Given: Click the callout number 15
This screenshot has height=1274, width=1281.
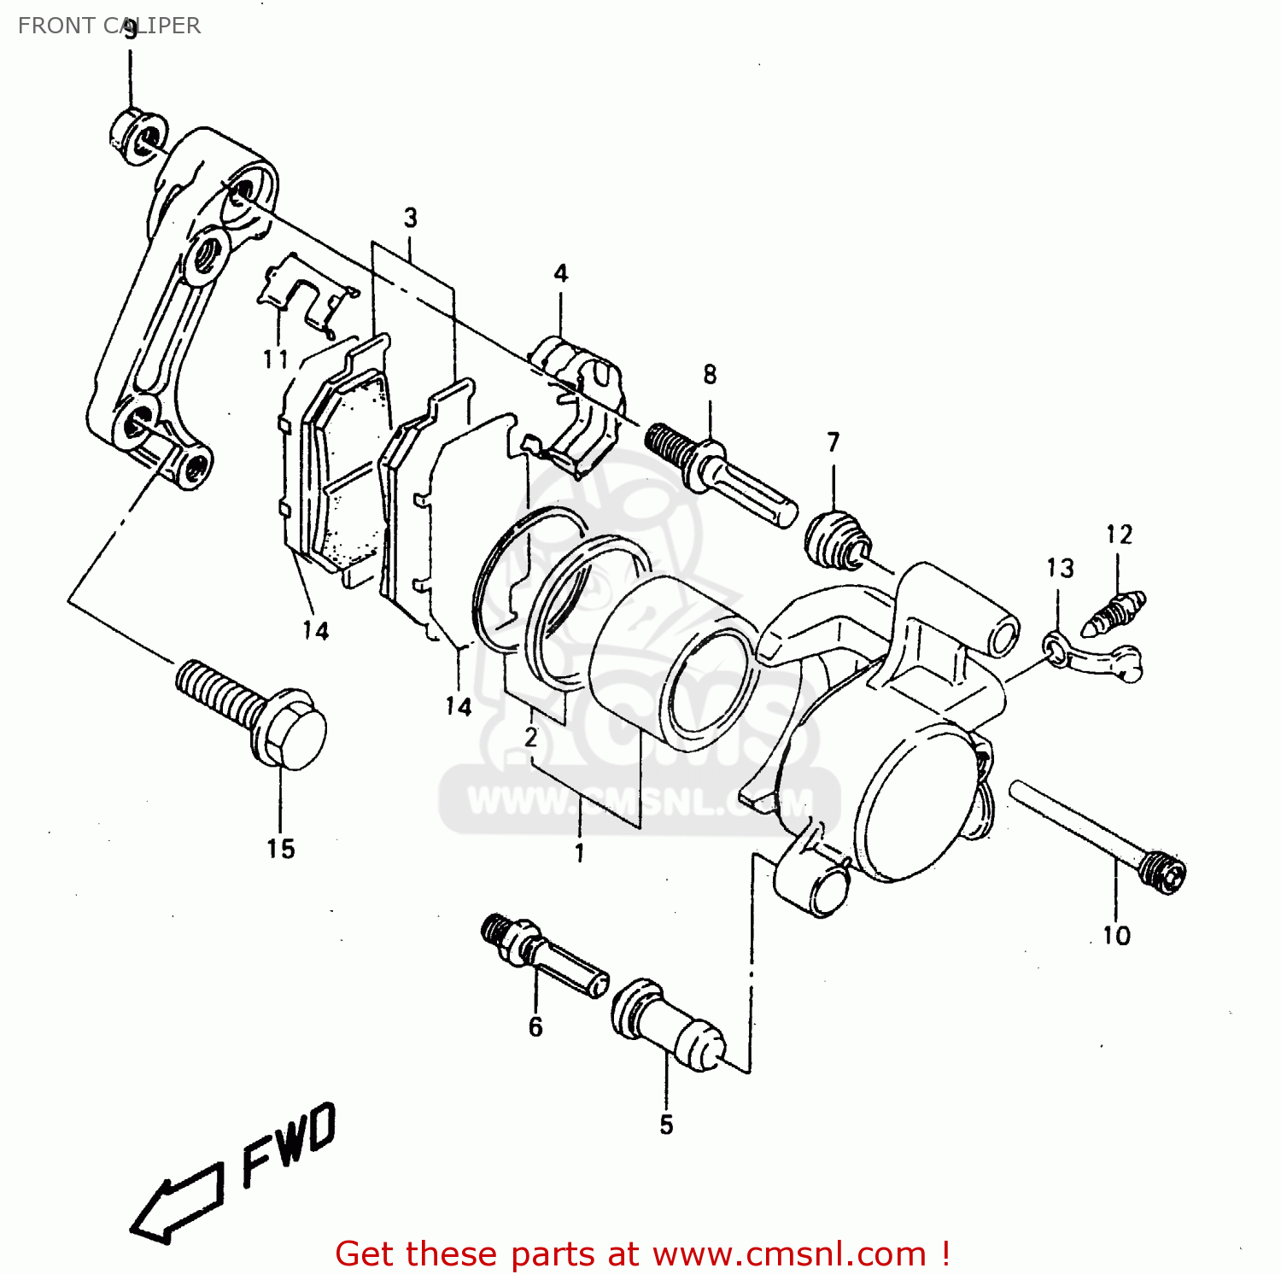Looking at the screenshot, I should click(x=280, y=849).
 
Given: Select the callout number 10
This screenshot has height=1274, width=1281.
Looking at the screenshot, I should click(x=1116, y=936).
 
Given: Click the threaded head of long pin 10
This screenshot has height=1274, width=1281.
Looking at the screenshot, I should click(x=1163, y=873).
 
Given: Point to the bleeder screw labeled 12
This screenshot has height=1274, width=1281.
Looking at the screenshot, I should click(x=1113, y=614).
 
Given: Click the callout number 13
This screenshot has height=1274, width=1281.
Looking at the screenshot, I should click(x=1060, y=568).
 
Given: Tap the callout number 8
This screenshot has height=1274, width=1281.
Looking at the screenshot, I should click(x=710, y=374).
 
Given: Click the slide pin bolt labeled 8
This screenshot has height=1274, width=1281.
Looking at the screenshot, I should click(x=722, y=473).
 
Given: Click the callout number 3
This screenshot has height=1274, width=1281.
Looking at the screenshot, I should click(x=411, y=218).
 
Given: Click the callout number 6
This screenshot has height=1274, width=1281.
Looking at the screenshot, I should click(x=535, y=1026).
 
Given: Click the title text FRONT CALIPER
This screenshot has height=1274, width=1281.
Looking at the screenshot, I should click(x=109, y=26).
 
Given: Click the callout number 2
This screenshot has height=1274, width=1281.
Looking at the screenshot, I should click(x=531, y=737).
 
